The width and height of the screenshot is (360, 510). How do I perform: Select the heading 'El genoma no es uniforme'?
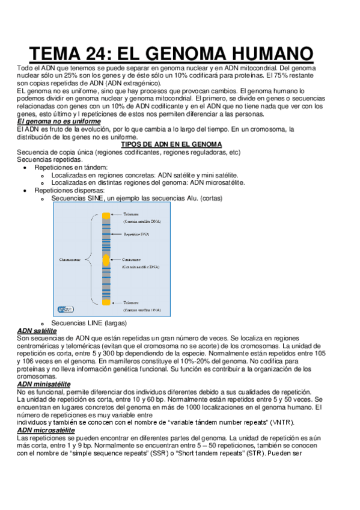(59, 121)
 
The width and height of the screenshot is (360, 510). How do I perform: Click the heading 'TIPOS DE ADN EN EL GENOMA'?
(171, 144)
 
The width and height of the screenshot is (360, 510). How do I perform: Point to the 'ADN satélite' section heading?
(37, 331)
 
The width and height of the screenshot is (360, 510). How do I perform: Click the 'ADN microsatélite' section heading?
(46, 430)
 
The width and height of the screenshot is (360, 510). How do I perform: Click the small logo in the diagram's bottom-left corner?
(65, 309)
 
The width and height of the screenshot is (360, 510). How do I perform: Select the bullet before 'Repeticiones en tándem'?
(24, 167)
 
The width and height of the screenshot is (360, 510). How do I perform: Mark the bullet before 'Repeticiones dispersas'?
(24, 190)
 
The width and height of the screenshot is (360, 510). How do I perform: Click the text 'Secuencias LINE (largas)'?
(85, 324)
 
